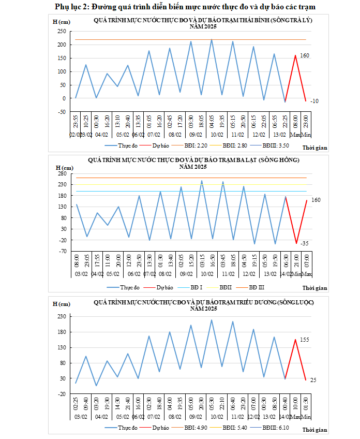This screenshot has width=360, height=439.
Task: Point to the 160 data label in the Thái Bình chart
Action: coord(305,55)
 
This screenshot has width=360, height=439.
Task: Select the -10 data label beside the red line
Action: coord(314,101)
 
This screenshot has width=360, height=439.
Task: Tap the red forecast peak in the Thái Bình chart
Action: coord(295,55)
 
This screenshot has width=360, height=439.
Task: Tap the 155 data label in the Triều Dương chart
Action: coord(304,340)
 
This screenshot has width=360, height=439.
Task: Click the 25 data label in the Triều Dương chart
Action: coord(313,381)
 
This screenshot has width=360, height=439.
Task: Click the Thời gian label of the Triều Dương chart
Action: coord(315,430)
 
